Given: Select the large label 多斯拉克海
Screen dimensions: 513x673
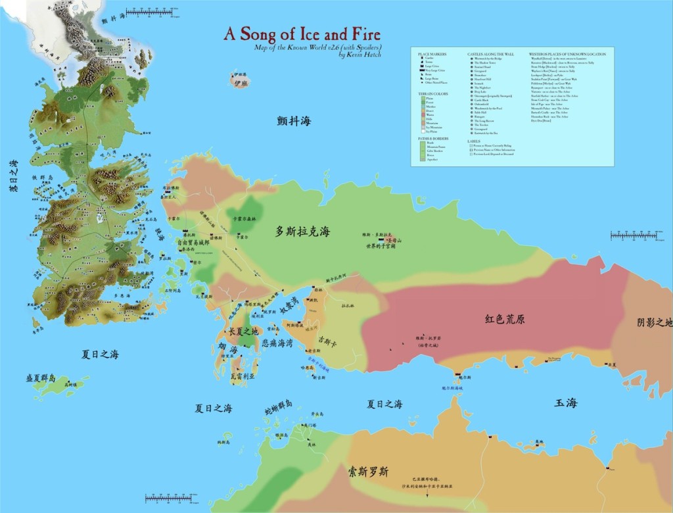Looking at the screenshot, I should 302,232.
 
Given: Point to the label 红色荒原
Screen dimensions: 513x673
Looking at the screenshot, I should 505,319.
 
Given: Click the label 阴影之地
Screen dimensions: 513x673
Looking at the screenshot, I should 655,323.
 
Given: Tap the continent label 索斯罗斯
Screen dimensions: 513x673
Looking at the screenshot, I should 368,472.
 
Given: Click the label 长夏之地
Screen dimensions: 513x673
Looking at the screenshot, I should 243,331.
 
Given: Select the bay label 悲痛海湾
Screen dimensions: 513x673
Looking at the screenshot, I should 277,343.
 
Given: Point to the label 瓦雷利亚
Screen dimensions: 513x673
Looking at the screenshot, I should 243,378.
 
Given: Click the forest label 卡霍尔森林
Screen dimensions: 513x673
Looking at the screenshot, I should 244,218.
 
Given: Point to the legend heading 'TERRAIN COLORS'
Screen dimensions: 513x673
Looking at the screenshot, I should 429,94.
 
